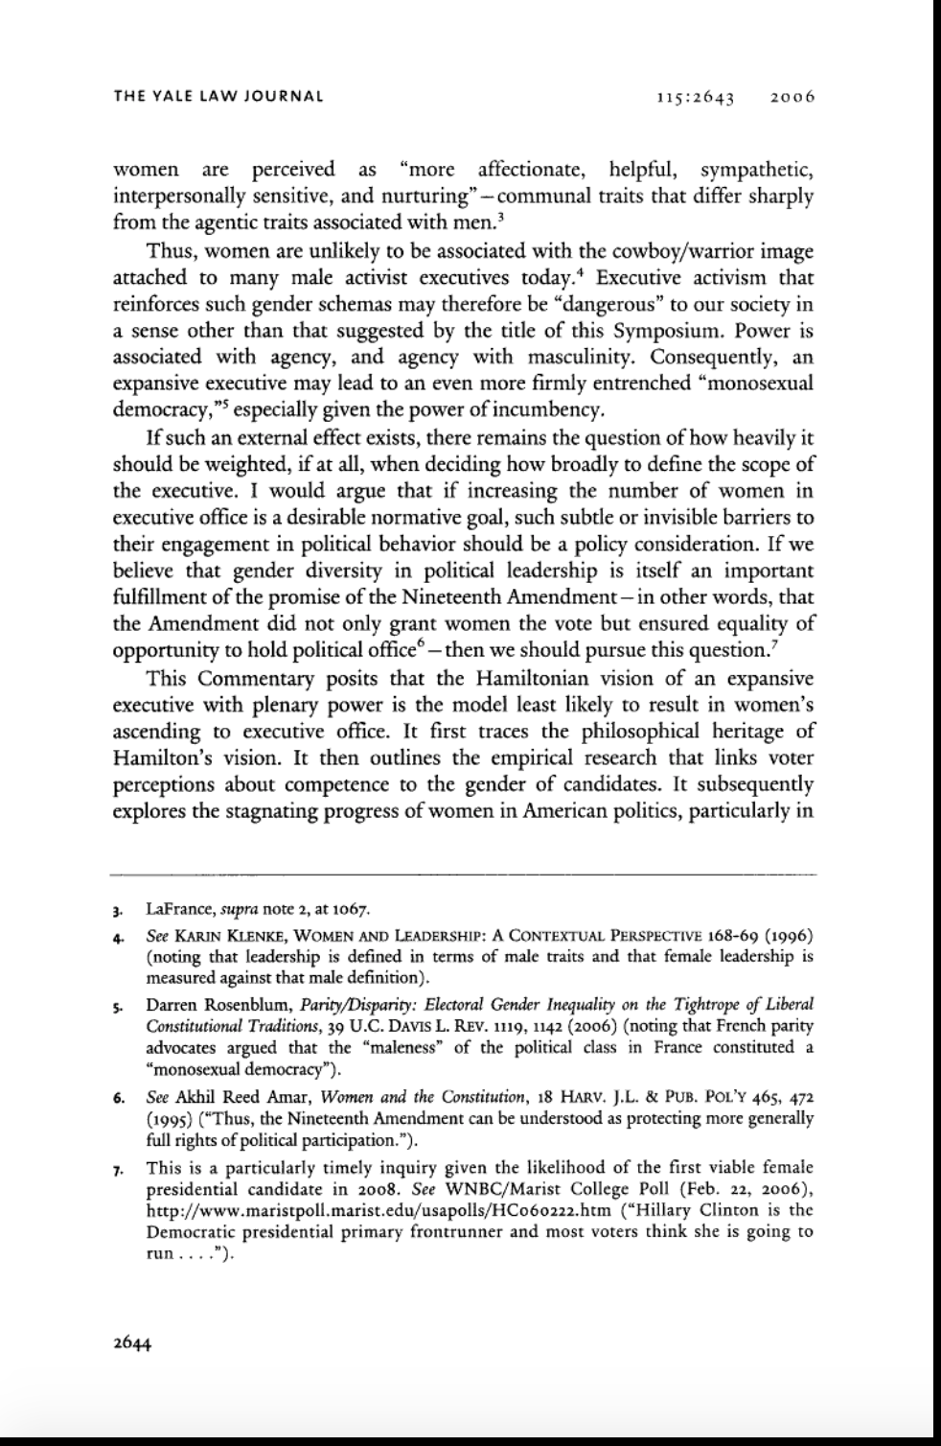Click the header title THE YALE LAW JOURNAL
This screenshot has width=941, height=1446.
point(218,96)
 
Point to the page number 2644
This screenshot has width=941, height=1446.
point(133,1341)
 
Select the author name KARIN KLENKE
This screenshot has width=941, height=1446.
point(225,934)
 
